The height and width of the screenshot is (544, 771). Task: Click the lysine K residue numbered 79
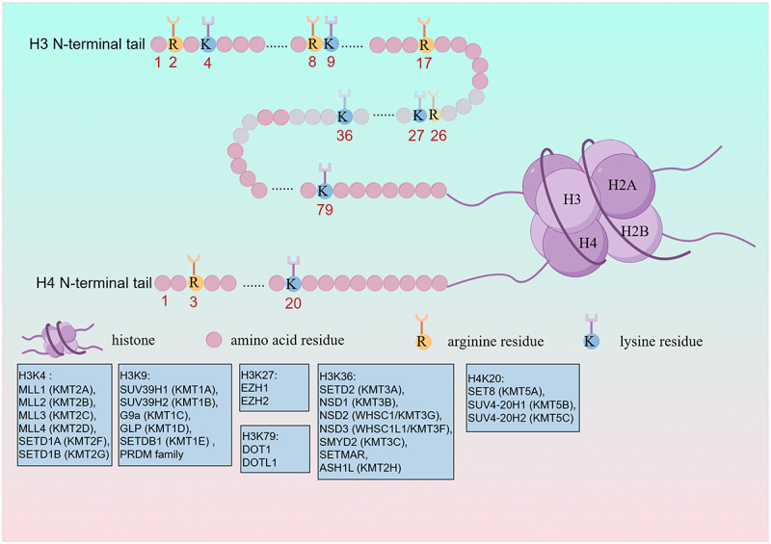323,190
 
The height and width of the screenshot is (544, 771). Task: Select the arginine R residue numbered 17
423,43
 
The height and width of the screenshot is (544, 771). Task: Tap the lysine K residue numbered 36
342,116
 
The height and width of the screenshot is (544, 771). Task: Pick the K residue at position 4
206,43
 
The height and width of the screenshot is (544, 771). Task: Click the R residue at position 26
435,116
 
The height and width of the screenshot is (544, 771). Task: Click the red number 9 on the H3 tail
331,64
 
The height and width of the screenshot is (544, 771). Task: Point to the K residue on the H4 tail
293,282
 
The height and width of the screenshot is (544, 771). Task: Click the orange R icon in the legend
422,340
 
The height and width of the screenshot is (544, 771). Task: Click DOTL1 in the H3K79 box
261,463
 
